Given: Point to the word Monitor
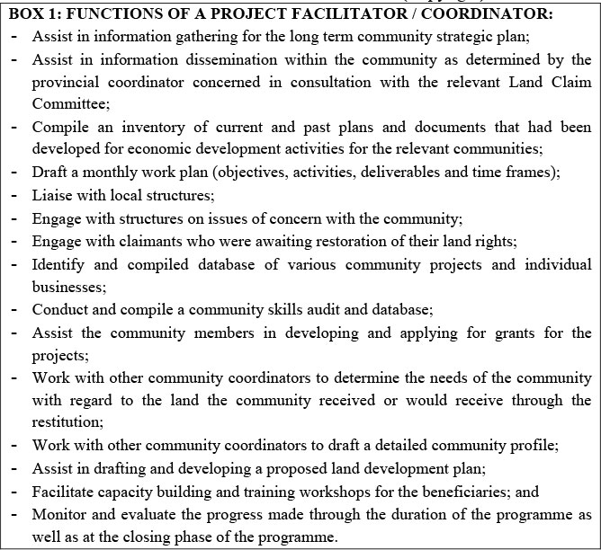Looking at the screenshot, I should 58,513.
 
